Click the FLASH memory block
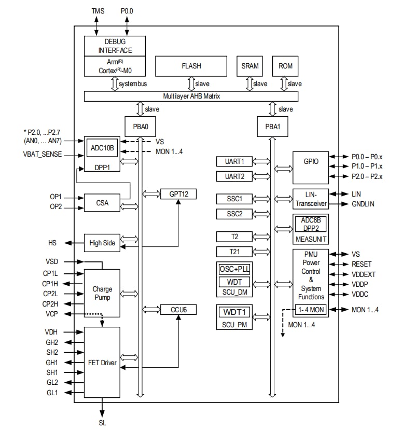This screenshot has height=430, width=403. (191, 66)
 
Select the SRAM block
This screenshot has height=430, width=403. (249, 66)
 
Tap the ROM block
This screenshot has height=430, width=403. (285, 66)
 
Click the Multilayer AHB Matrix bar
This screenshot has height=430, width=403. (191, 96)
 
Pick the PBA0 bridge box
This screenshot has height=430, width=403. (140, 127)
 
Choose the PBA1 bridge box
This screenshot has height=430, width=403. (272, 127)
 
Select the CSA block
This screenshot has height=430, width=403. (102, 203)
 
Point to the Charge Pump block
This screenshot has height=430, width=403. (102, 293)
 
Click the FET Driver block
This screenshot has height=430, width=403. (102, 363)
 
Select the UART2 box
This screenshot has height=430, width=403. (234, 176)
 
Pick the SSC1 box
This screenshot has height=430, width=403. (234, 199)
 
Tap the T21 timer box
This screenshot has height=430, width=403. (234, 252)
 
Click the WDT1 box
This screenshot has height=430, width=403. (234, 313)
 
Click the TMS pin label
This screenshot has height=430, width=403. (97, 10)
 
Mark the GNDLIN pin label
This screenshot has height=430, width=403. (363, 204)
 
